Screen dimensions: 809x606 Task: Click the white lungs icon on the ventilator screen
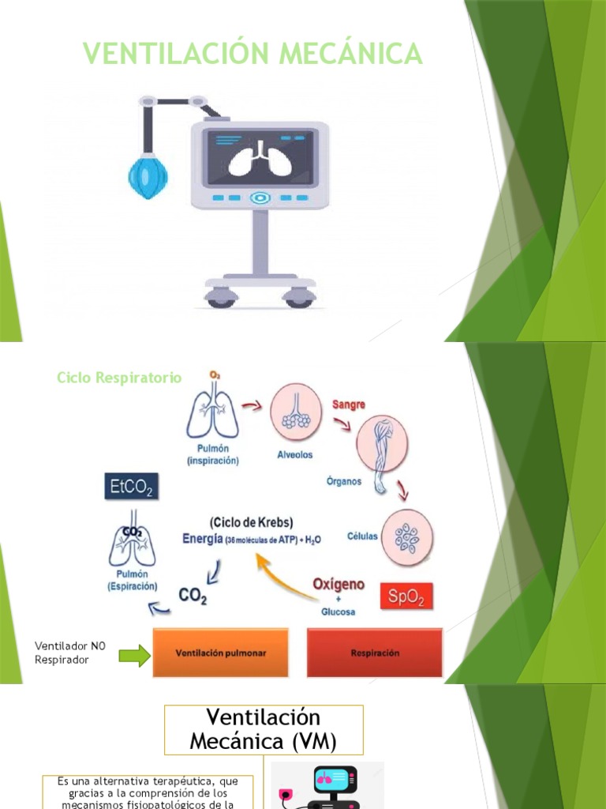tap(259, 159)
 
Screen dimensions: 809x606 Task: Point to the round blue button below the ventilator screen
tap(259, 198)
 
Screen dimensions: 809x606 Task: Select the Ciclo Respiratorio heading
tap(119, 378)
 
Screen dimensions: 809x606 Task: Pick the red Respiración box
tap(375, 653)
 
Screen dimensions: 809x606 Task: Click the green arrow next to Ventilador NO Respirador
tap(134, 654)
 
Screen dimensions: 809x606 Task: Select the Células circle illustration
tap(408, 535)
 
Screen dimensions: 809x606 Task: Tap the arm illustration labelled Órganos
tap(383, 442)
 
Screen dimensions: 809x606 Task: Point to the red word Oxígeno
tap(339, 585)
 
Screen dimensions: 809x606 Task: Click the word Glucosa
tap(338, 611)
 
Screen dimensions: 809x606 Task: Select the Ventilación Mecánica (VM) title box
tap(264, 729)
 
